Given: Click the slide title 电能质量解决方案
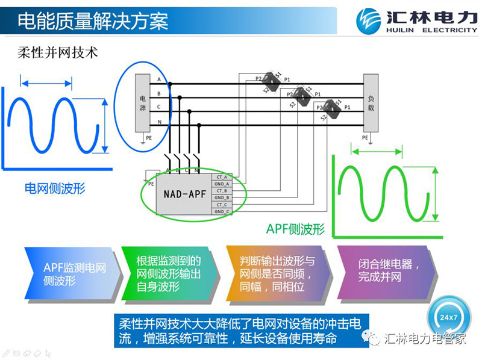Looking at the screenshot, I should pos(93,22).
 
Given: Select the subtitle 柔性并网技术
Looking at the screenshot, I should pos(57,52).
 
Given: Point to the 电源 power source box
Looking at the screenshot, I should pos(143,103).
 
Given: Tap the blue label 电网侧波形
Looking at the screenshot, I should pos(55,188).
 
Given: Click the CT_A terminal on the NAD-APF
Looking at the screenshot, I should pos(221,177).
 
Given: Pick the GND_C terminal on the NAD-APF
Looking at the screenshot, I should pos(221,211).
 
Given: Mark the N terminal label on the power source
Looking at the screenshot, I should pos(158,122).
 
